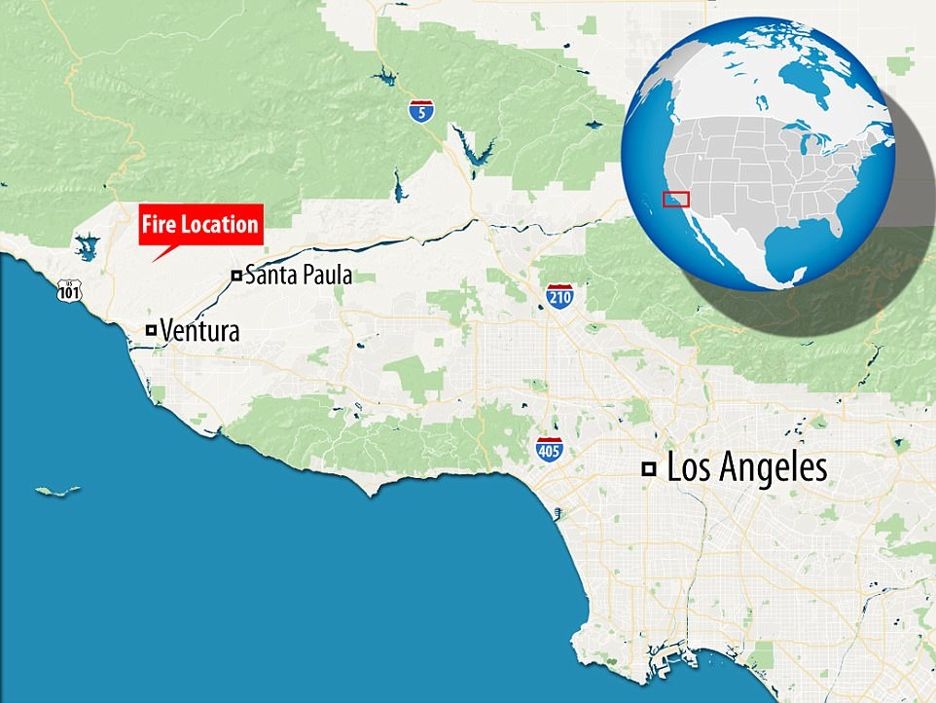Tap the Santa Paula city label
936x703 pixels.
tap(297, 276)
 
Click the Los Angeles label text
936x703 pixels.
tap(747, 468)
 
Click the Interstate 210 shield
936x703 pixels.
tap(558, 295)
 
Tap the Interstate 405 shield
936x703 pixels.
tap(550, 450)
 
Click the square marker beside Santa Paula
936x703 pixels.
tap(235, 276)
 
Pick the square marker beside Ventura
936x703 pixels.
tap(151, 330)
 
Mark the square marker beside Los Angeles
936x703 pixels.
tap(648, 469)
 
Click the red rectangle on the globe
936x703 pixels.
tap(676, 199)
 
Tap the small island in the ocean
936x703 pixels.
tap(57, 491)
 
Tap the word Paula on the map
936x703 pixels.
tap(326, 276)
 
